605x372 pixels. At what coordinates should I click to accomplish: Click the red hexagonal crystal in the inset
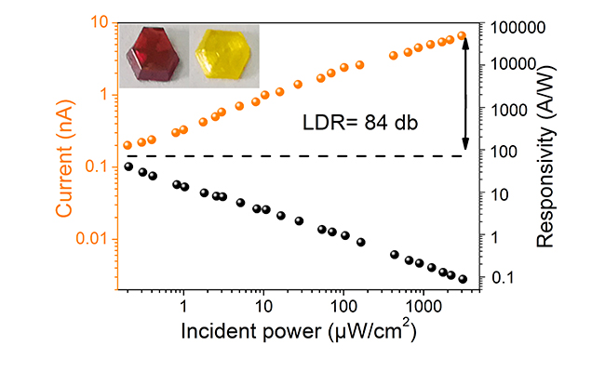click(155, 57)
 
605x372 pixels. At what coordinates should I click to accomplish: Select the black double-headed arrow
click(466, 92)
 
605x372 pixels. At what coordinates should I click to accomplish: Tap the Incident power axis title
click(298, 332)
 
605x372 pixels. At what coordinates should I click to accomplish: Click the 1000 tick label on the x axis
click(423, 306)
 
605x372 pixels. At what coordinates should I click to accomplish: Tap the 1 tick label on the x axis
click(183, 306)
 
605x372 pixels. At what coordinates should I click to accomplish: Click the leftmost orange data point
click(128, 145)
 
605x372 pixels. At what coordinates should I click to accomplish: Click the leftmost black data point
click(128, 166)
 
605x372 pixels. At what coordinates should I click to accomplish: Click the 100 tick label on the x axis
click(343, 306)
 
